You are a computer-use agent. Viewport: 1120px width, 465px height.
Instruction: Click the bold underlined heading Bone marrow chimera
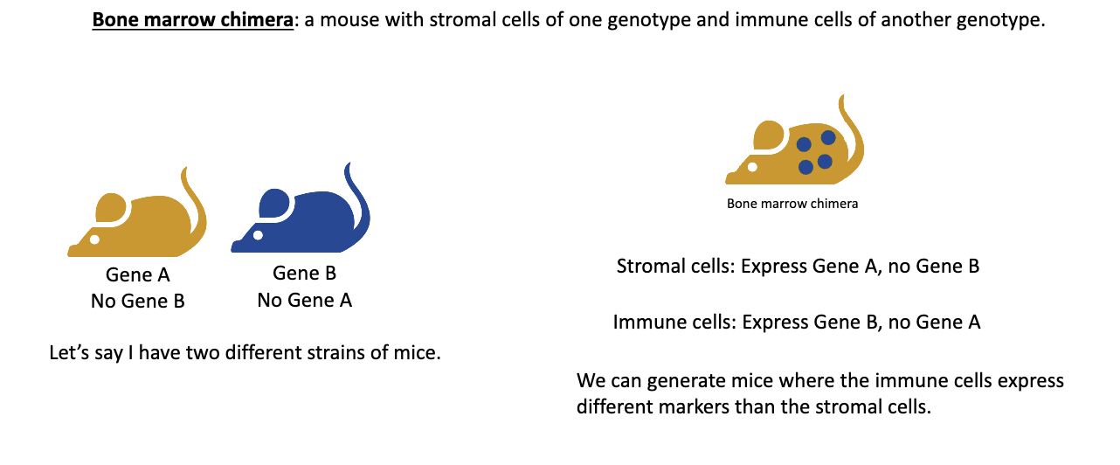(x=192, y=22)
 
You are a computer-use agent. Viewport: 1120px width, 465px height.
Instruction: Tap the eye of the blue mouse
(x=258, y=235)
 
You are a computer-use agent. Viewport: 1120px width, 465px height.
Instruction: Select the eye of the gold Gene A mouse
(x=94, y=239)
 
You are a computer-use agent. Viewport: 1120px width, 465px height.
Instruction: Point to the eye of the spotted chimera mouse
(x=751, y=165)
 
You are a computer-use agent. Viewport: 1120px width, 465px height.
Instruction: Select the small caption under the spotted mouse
(x=792, y=204)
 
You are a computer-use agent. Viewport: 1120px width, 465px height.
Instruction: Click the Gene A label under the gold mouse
(x=138, y=275)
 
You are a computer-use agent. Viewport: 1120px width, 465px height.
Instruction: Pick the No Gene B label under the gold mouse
(x=138, y=302)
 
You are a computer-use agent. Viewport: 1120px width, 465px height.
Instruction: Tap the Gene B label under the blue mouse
(x=304, y=274)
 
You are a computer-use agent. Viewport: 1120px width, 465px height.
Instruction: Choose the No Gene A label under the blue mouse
(x=304, y=301)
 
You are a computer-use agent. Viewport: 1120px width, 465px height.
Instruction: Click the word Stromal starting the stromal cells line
(x=647, y=267)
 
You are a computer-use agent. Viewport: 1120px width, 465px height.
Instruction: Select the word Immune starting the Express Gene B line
(x=646, y=323)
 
